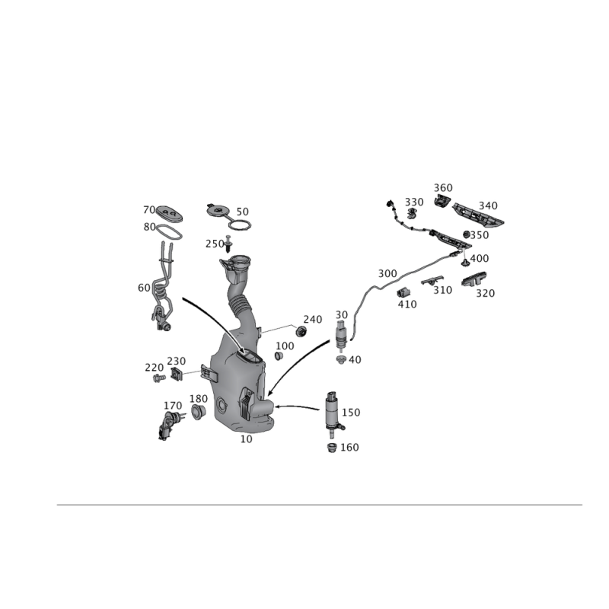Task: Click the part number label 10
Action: (x=246, y=439)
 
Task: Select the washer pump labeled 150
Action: (x=333, y=414)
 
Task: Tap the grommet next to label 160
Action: (x=332, y=448)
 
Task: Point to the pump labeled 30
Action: (x=340, y=334)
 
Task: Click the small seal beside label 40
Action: (x=341, y=359)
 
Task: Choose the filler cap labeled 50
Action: (x=228, y=217)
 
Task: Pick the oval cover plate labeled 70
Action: (x=169, y=214)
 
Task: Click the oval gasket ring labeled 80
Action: (x=169, y=232)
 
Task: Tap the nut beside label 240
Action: (x=301, y=332)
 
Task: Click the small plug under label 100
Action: (x=279, y=356)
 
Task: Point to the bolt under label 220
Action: (x=159, y=378)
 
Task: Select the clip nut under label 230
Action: (x=177, y=375)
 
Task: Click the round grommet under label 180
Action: (x=198, y=412)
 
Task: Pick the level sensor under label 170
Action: (x=170, y=426)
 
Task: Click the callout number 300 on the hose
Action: (x=387, y=274)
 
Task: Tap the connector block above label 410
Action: (x=404, y=292)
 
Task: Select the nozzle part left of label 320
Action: (x=474, y=279)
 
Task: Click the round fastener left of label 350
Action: (x=467, y=234)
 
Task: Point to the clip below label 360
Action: (x=442, y=200)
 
